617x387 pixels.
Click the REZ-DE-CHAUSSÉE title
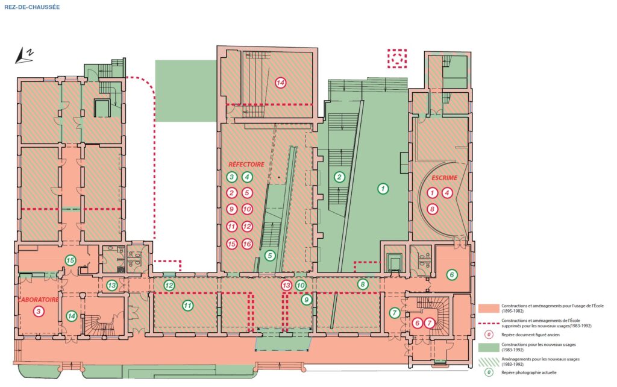[x=32, y=7]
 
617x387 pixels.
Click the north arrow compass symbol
[x=24, y=55]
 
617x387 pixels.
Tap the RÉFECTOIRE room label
[x=246, y=164]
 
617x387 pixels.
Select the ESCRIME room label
[x=444, y=178]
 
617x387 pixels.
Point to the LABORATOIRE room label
[x=38, y=300]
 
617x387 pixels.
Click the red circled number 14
[x=280, y=83]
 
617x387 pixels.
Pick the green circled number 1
[x=383, y=189]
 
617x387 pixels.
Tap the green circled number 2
[x=339, y=177]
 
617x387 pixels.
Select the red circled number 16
[x=247, y=244]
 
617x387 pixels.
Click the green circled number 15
[x=70, y=260]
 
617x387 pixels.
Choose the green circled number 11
[x=188, y=305]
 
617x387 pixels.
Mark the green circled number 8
[x=362, y=285]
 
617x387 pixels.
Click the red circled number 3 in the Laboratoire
[x=38, y=312]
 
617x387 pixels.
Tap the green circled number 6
[x=452, y=275]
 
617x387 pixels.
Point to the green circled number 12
[x=169, y=285]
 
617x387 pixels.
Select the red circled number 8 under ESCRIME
[x=433, y=209]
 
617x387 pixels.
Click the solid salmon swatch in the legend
[x=488, y=308]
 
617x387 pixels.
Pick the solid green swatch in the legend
[x=488, y=347]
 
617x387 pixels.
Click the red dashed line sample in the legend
[x=488, y=323]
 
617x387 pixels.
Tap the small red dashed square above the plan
[x=397, y=58]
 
